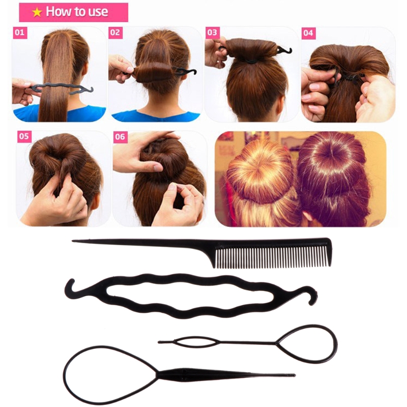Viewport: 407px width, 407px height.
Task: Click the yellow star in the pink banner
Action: [37, 12]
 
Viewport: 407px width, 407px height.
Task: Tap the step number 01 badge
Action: [20, 33]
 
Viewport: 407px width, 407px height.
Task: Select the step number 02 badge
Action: [115, 33]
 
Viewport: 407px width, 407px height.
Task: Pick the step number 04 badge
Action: [308, 33]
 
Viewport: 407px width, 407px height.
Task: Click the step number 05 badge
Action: [24, 136]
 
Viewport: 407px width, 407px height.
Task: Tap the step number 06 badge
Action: [120, 136]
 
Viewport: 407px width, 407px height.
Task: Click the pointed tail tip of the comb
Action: [74, 241]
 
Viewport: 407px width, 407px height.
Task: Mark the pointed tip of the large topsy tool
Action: [294, 375]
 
